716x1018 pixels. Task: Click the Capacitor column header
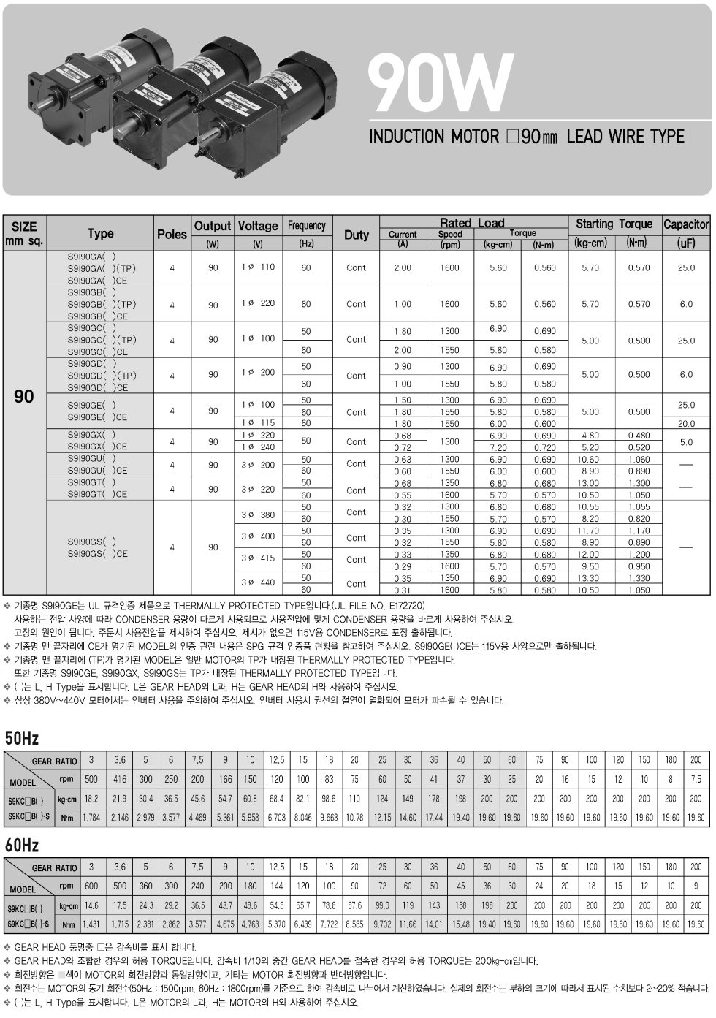(685, 224)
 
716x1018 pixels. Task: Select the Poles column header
(172, 234)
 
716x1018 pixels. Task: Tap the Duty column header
(356, 235)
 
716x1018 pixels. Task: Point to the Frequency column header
(306, 225)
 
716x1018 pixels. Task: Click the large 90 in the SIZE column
(24, 397)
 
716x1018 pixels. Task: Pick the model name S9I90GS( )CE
(97, 554)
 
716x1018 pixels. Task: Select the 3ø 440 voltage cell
(258, 582)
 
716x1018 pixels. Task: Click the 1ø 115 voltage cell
(258, 423)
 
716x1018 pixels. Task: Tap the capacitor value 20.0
(685, 424)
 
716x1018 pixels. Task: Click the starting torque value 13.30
(588, 578)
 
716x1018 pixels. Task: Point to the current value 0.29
(402, 566)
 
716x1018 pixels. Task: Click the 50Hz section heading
(21, 737)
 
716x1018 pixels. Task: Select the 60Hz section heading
(21, 845)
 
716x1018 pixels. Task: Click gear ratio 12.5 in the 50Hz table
(276, 760)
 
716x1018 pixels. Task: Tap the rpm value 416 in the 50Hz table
(119, 779)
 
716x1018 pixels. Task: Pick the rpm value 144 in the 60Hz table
(276, 886)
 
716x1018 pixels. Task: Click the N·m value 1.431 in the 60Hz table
(91, 924)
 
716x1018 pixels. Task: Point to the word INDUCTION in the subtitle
(406, 137)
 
